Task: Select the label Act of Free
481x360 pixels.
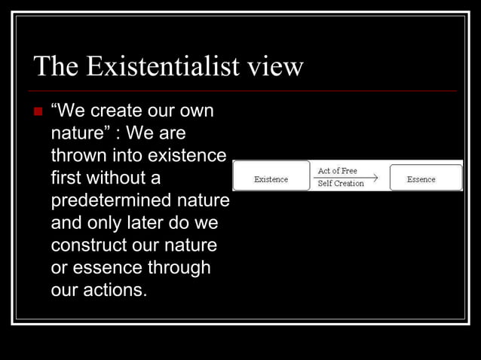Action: [338, 171]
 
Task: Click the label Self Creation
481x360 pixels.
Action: [341, 183]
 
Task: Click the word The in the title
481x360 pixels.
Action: [56, 68]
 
